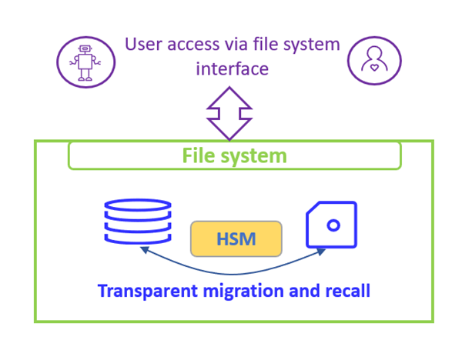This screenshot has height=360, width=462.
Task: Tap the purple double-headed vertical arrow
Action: [229, 113]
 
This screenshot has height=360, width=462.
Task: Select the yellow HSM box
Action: [236, 238]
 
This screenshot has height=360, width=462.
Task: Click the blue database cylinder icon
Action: [137, 222]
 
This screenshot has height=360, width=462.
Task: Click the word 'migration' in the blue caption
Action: [245, 292]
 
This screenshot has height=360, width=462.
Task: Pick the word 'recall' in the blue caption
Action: [345, 292]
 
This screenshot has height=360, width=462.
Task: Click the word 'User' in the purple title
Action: [144, 45]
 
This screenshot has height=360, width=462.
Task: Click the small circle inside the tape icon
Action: [333, 225]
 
